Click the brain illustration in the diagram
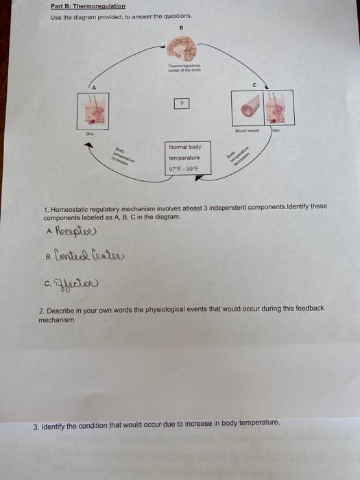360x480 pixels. pyautogui.click(x=182, y=49)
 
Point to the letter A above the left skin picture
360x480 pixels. pyautogui.click(x=95, y=85)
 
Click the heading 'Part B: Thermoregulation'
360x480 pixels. pyautogui.click(x=88, y=6)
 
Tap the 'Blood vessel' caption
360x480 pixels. pyautogui.click(x=246, y=129)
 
